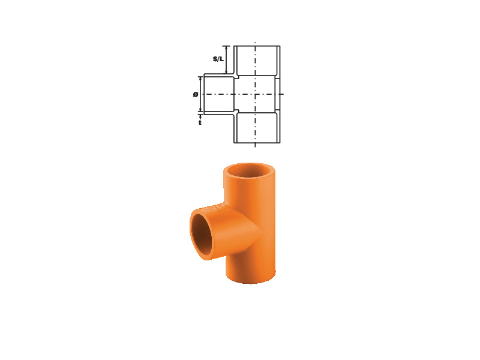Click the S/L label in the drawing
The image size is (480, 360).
pyautogui.click(x=218, y=59)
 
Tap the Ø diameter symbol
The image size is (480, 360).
pyautogui.click(x=196, y=95)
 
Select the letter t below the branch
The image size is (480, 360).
pyautogui.click(x=200, y=122)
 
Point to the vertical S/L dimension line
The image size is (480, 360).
pyautogui.click(x=226, y=59)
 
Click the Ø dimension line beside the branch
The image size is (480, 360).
pyautogui.click(x=200, y=94)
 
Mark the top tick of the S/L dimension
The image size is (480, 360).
pyautogui.click(x=226, y=46)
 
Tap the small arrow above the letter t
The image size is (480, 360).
pyautogui.click(x=200, y=117)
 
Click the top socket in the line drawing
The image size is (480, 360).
pyautogui.click(x=257, y=61)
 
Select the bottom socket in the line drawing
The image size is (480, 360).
pyautogui.click(x=257, y=127)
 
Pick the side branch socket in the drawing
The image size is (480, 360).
pyautogui.click(x=219, y=94)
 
